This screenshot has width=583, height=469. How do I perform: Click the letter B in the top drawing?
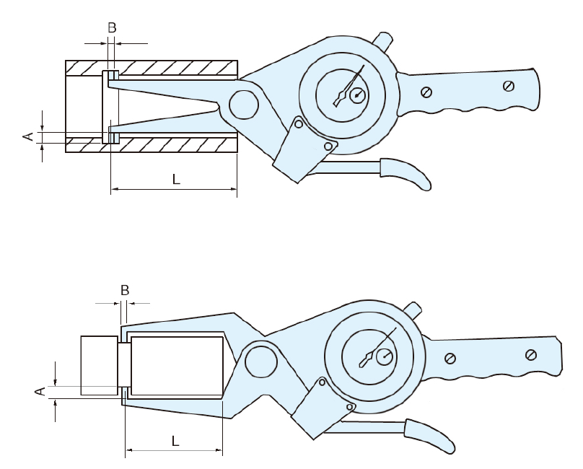(112, 27)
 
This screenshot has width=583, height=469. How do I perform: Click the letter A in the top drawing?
(28, 137)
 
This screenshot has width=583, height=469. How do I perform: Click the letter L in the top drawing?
(176, 179)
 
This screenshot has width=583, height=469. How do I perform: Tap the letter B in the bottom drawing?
(125, 290)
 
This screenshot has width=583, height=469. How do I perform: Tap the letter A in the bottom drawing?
(40, 391)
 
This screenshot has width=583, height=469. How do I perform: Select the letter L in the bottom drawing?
(175, 441)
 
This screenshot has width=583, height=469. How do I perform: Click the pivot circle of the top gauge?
(244, 105)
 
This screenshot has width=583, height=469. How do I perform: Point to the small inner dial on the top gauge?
(358, 95)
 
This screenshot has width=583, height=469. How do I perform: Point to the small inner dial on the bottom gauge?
(385, 357)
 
